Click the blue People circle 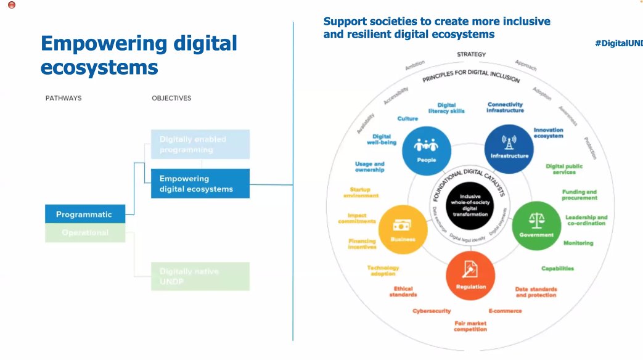click(425, 151)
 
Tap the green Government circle click(536, 226)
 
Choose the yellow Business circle click(403, 230)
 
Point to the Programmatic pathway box click(84, 215)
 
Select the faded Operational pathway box click(84, 232)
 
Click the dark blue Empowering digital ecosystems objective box click(200, 184)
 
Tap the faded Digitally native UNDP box click(200, 276)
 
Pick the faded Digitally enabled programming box click(200, 144)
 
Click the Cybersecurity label click(432, 311)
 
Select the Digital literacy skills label click(446, 108)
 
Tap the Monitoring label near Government click(578, 243)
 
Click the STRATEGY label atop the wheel click(471, 54)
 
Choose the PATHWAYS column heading click(63, 98)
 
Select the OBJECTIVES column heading click(171, 98)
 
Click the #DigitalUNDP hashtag click(618, 43)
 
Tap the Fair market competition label click(470, 326)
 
